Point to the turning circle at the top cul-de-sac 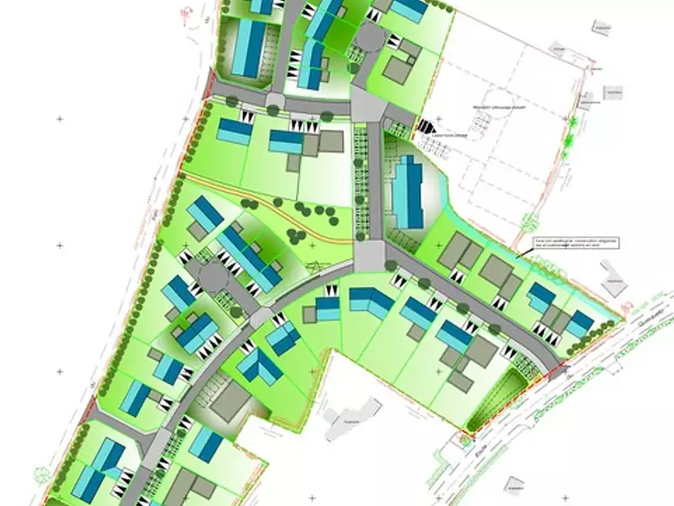point(368,38)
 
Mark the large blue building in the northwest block point(249,48)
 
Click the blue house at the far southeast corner point(580,323)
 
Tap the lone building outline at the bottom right point(513,486)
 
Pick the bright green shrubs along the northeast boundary point(574,126)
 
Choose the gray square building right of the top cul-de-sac point(399,67)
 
